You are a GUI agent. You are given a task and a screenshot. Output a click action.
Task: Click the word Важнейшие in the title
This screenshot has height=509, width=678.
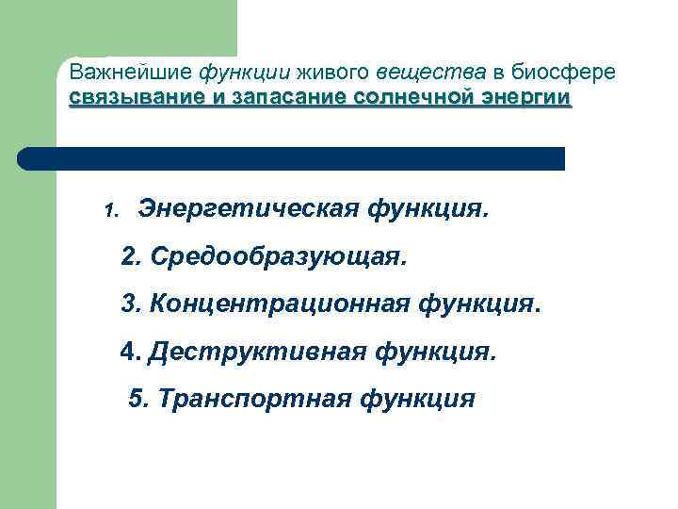[x=129, y=73]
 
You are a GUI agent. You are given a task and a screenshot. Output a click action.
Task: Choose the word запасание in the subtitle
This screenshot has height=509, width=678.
[x=293, y=98]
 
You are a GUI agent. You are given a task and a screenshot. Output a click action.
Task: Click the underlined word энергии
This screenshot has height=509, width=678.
[x=528, y=99]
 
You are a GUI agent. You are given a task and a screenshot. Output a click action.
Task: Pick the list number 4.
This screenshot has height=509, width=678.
[x=130, y=353]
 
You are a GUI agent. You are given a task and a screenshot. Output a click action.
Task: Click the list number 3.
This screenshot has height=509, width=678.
[x=131, y=304]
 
